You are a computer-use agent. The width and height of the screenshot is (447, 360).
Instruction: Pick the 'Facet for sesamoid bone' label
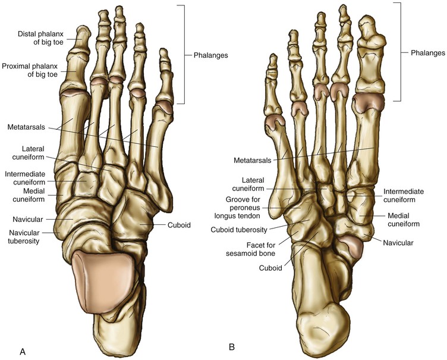[253, 249]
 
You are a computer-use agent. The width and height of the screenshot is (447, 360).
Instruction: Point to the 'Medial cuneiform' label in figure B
[404, 220]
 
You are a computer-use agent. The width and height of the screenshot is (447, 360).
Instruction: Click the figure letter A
[23, 352]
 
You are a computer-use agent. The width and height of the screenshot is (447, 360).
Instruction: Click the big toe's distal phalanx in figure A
[81, 39]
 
